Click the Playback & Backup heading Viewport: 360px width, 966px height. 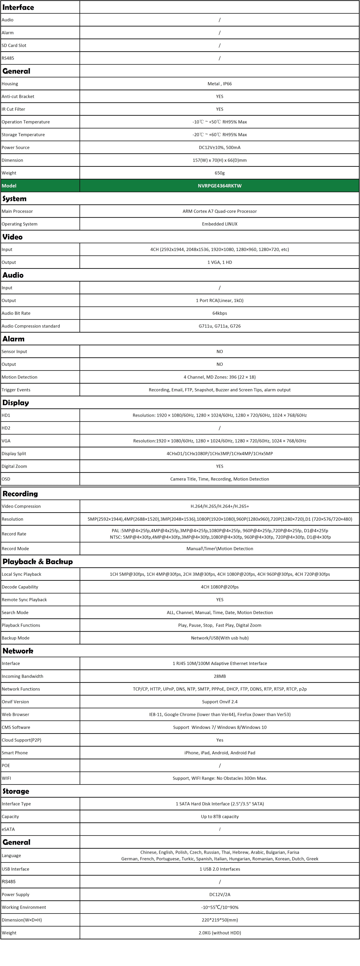pos(37,561)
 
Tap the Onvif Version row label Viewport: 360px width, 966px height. pos(15,702)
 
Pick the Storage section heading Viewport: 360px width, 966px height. pos(16,791)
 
